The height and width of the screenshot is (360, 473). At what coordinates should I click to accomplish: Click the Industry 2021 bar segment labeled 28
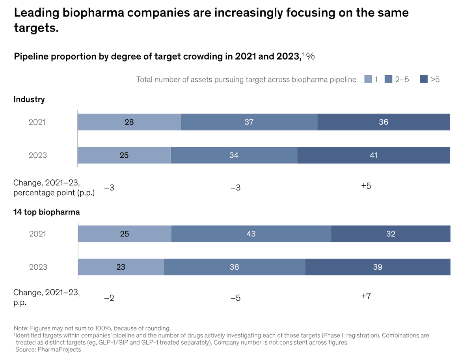[x=129, y=122]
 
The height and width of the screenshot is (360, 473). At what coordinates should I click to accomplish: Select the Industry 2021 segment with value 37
[x=249, y=122]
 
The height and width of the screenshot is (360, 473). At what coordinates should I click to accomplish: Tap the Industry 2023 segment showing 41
[x=373, y=155]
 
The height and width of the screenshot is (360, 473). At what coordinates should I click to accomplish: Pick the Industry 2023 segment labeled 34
[x=234, y=155]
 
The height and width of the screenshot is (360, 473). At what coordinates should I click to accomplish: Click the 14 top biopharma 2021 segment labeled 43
[x=251, y=234]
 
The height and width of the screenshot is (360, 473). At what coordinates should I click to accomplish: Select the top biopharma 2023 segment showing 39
[x=378, y=267]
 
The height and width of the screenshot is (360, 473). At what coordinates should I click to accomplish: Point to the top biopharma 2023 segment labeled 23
[x=121, y=267]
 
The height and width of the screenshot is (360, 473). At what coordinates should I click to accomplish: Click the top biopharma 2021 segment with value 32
[x=391, y=234]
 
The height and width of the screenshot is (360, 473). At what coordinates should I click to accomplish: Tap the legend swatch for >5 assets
[x=424, y=80]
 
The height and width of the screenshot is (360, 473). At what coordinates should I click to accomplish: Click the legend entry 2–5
[x=398, y=80]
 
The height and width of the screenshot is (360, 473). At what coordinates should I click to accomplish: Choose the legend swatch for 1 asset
[x=368, y=80]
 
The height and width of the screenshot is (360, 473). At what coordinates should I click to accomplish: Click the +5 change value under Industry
[x=366, y=186]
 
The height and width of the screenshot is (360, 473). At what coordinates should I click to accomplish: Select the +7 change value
[x=366, y=296]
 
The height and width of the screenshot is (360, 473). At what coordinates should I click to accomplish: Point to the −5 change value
[x=235, y=298]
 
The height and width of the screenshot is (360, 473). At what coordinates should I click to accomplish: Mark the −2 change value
[x=109, y=298]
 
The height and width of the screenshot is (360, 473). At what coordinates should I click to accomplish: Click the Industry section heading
[x=29, y=99]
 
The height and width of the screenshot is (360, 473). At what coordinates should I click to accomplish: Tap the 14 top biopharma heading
[x=47, y=212]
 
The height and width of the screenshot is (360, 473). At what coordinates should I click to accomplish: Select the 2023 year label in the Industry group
[x=37, y=155]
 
